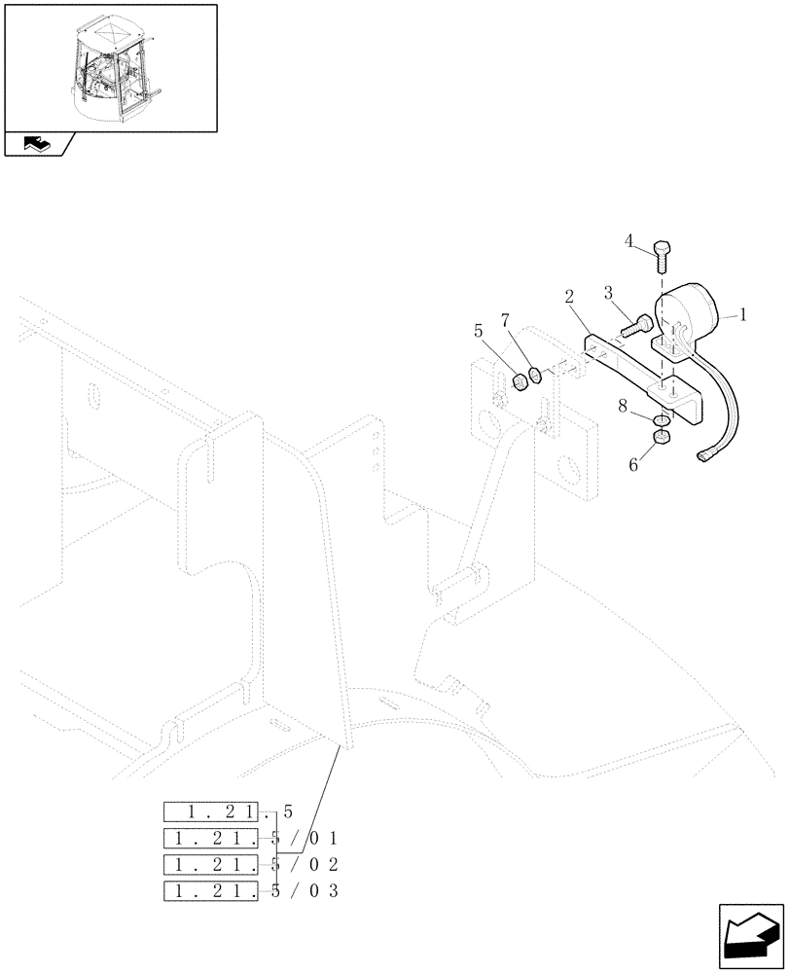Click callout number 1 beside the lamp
click(742, 314)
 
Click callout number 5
click(479, 332)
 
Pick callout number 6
click(633, 465)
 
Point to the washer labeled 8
click(660, 419)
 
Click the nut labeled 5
click(520, 381)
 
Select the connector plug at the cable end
click(706, 452)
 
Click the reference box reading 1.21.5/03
click(212, 891)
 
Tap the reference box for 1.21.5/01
click(212, 839)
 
